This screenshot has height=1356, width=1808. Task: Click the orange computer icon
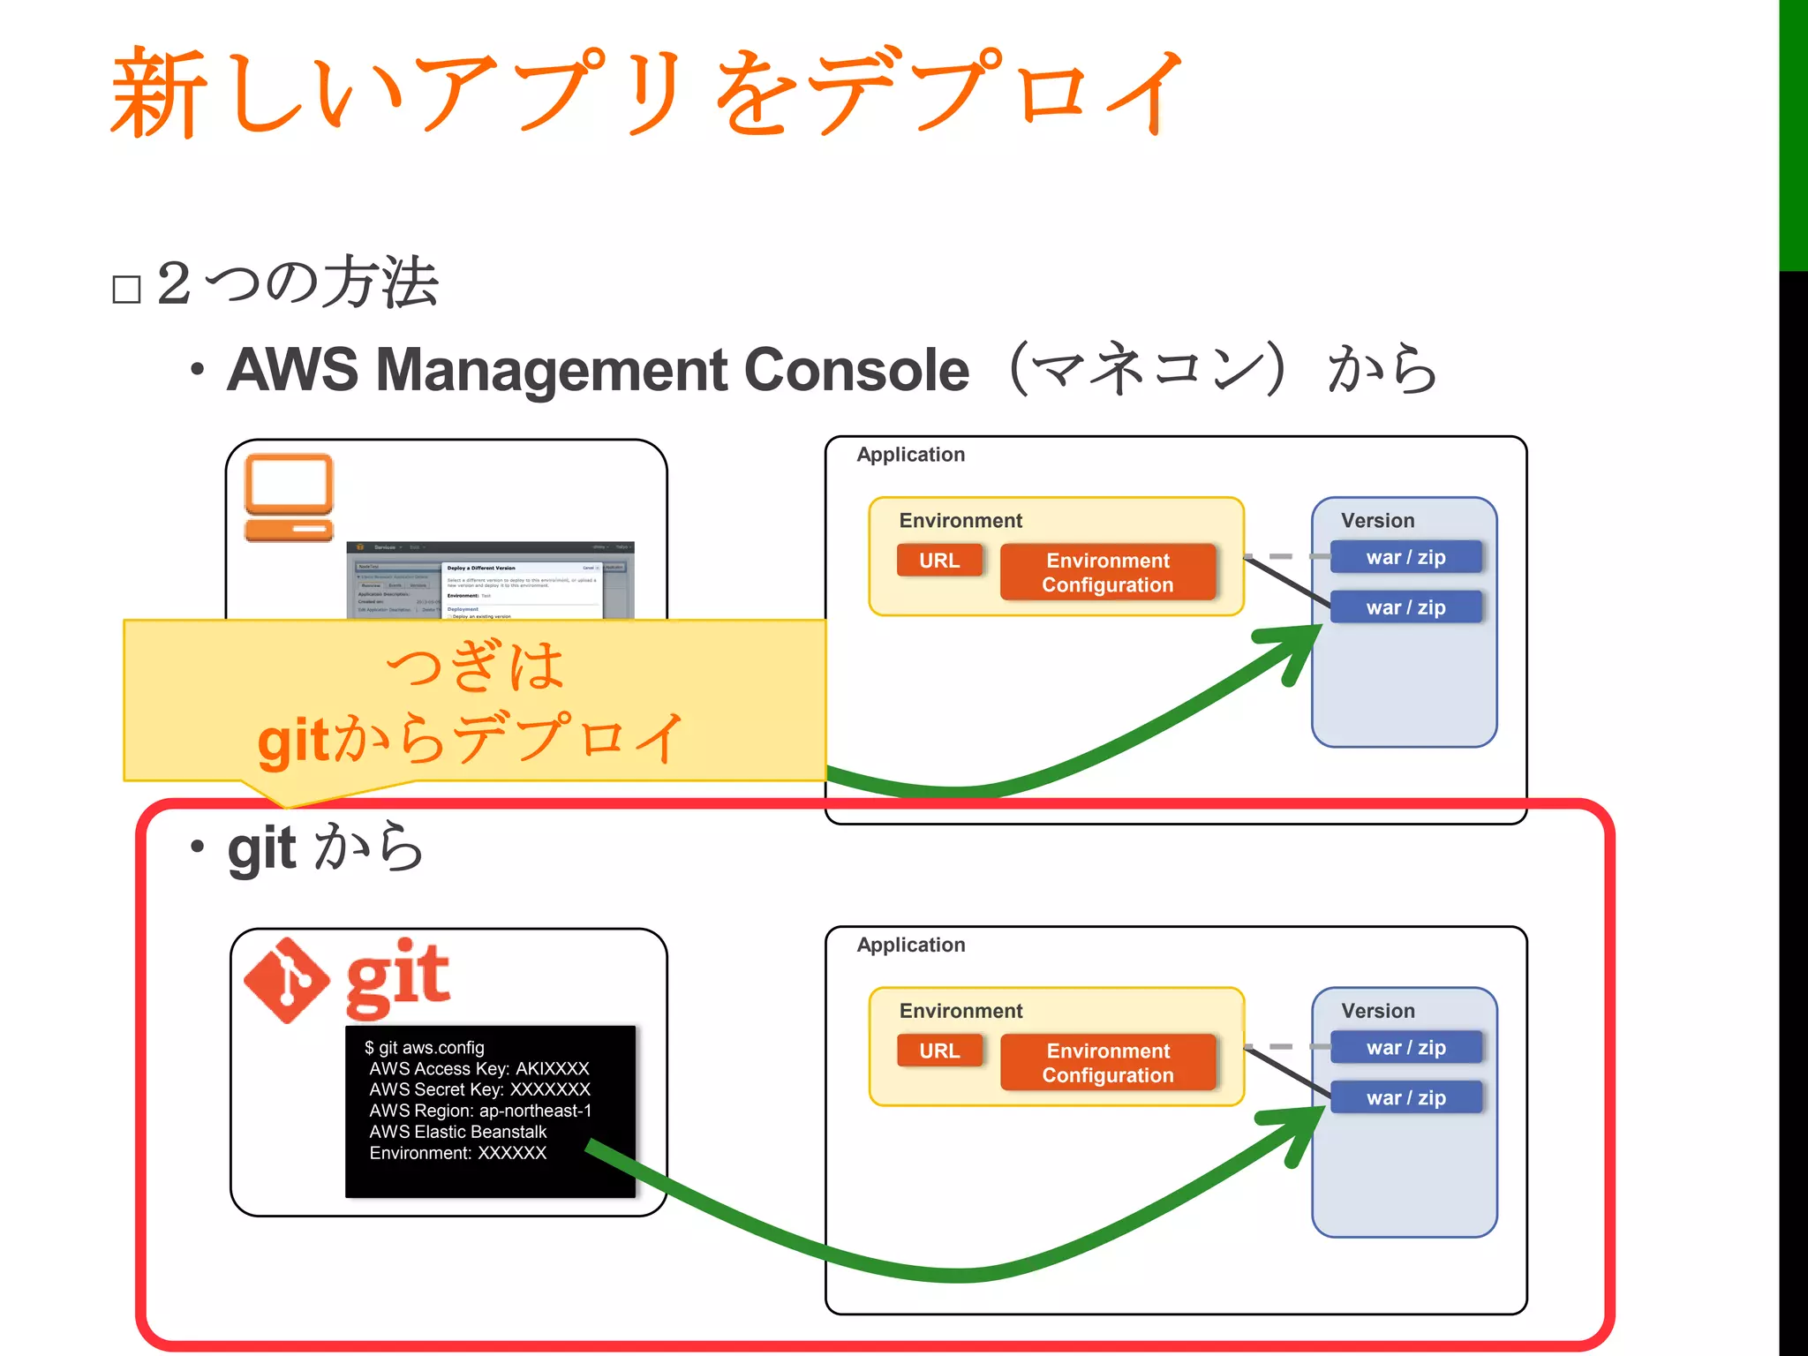point(289,497)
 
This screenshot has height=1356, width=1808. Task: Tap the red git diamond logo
point(287,980)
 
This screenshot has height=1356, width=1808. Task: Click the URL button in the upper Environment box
point(938,561)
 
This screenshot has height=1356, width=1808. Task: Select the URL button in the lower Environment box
point(938,1051)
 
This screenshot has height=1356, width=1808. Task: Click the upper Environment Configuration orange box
point(1108,572)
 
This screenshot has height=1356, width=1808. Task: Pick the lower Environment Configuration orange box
point(1108,1063)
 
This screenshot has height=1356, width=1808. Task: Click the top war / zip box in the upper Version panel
point(1405,557)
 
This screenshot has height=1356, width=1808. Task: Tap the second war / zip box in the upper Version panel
point(1405,607)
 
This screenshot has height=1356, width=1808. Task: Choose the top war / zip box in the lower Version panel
point(1405,1047)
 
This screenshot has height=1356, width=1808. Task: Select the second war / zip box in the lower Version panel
point(1405,1097)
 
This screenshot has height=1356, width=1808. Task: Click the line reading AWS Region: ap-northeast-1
point(480,1111)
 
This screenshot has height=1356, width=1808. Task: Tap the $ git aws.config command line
point(425,1048)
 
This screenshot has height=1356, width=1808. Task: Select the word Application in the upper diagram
point(910,455)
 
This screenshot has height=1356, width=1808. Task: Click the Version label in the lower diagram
point(1377,1011)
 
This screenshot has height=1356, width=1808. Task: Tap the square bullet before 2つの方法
point(127,289)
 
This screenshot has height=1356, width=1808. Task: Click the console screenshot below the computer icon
point(490,581)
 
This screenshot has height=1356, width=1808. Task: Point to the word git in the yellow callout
point(294,742)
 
